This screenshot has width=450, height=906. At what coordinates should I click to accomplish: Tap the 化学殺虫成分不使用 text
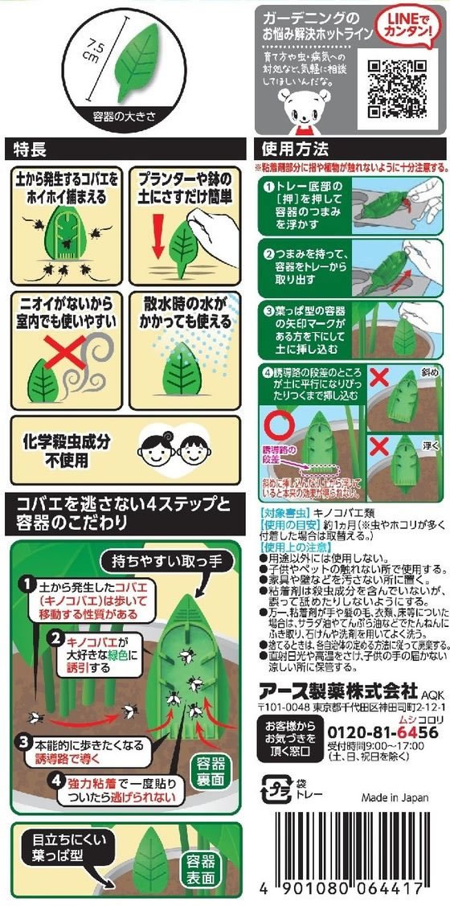pyautogui.click(x=65, y=449)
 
